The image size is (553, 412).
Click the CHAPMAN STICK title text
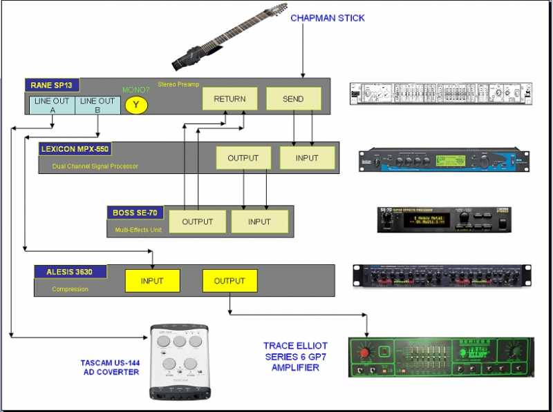[327, 17]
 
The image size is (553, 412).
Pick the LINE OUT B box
[98, 106]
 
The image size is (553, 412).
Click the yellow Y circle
[137, 105]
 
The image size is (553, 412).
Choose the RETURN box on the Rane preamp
[229, 99]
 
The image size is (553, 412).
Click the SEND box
[293, 99]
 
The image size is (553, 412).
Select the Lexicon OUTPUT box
[243, 158]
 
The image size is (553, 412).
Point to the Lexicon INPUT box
[307, 158]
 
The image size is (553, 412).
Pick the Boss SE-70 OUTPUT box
[197, 222]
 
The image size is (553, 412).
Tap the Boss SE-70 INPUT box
[259, 222]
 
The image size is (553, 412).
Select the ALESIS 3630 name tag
[71, 271]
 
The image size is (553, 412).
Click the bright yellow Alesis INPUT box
[152, 281]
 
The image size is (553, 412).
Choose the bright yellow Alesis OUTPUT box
[229, 281]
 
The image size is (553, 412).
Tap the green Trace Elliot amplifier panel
[441, 357]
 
